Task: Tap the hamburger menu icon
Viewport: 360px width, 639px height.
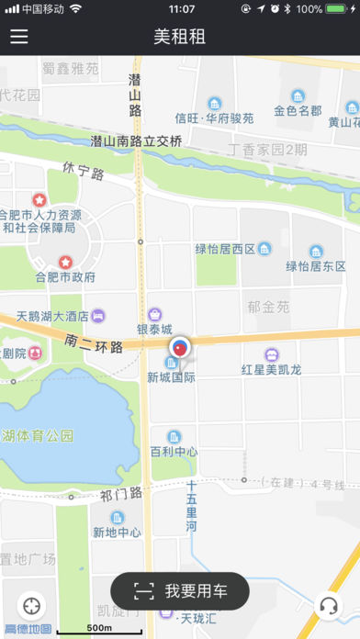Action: (x=19, y=37)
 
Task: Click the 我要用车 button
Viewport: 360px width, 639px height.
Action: (x=180, y=591)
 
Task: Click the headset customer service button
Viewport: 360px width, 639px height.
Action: (x=328, y=606)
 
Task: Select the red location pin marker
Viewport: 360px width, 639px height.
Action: (x=180, y=347)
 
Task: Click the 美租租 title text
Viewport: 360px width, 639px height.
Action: (x=180, y=37)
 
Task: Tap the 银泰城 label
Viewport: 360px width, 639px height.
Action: (x=155, y=330)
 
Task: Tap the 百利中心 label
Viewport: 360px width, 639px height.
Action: (x=173, y=452)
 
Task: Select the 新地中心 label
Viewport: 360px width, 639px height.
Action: (x=117, y=532)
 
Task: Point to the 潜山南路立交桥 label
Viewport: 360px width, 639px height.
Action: (x=137, y=141)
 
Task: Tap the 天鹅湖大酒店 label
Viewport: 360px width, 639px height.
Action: (x=52, y=316)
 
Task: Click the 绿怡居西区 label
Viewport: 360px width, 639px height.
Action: (x=225, y=248)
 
